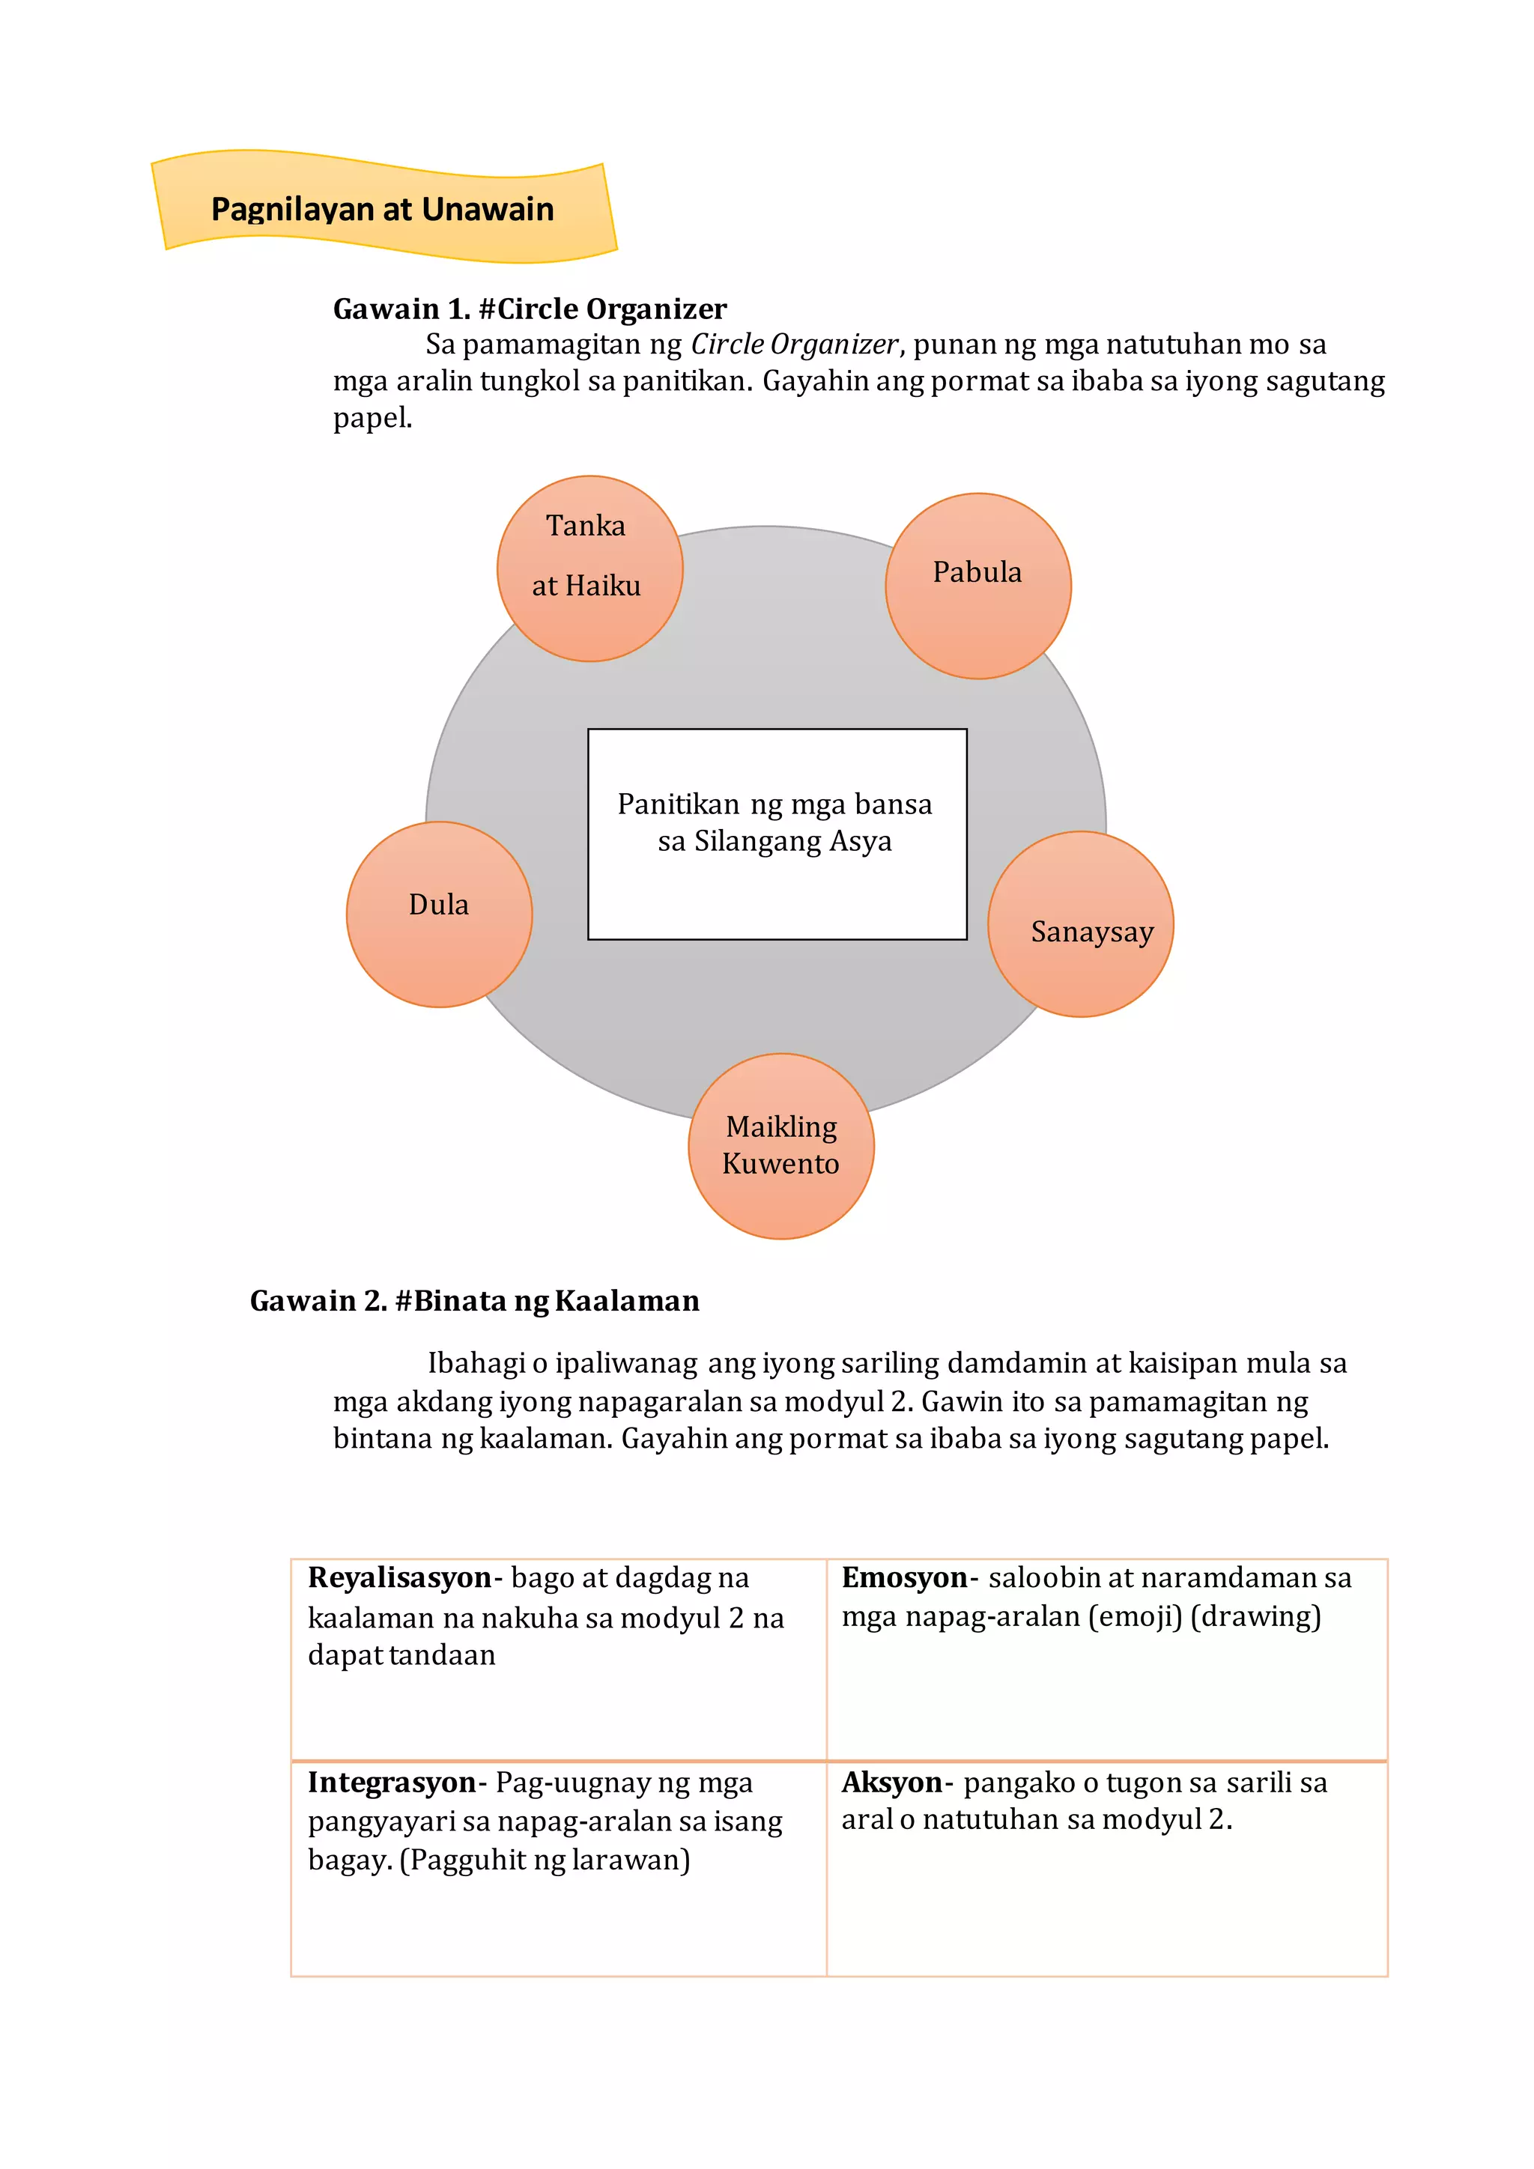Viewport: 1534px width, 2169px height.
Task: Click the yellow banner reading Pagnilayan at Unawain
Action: pyautogui.click(x=383, y=207)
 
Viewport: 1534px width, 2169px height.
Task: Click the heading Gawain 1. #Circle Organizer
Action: pyautogui.click(x=529, y=309)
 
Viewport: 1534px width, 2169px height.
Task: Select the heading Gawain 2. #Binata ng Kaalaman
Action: pyautogui.click(x=474, y=1301)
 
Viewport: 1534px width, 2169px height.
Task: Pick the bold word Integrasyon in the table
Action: pyautogui.click(x=391, y=1783)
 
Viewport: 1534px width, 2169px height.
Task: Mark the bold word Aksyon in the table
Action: pyautogui.click(x=891, y=1783)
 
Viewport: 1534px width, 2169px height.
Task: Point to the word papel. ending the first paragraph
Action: pyautogui.click(x=372, y=419)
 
